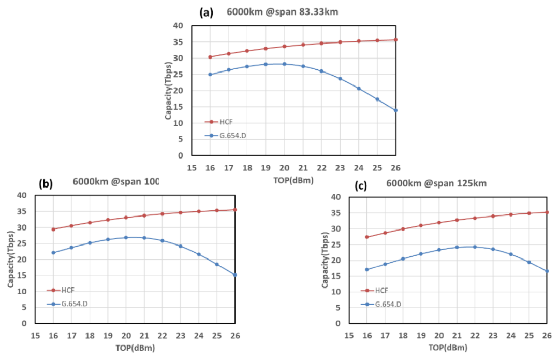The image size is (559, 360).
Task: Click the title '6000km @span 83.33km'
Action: (x=282, y=12)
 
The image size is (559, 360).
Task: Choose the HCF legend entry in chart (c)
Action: (x=380, y=291)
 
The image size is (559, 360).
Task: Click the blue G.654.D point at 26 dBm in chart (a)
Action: (x=396, y=110)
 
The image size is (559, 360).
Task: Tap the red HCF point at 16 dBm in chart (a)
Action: (x=210, y=57)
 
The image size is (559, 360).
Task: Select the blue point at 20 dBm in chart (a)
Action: (x=284, y=64)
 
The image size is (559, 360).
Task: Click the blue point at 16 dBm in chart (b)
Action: (x=53, y=253)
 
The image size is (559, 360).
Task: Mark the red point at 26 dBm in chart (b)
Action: (x=235, y=210)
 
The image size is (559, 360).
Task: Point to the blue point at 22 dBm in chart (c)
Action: (x=475, y=247)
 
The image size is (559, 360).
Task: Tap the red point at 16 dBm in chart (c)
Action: (x=367, y=237)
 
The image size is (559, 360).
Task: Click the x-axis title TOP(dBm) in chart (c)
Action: (x=449, y=347)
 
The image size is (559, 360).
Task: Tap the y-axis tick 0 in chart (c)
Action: (x=337, y=324)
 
